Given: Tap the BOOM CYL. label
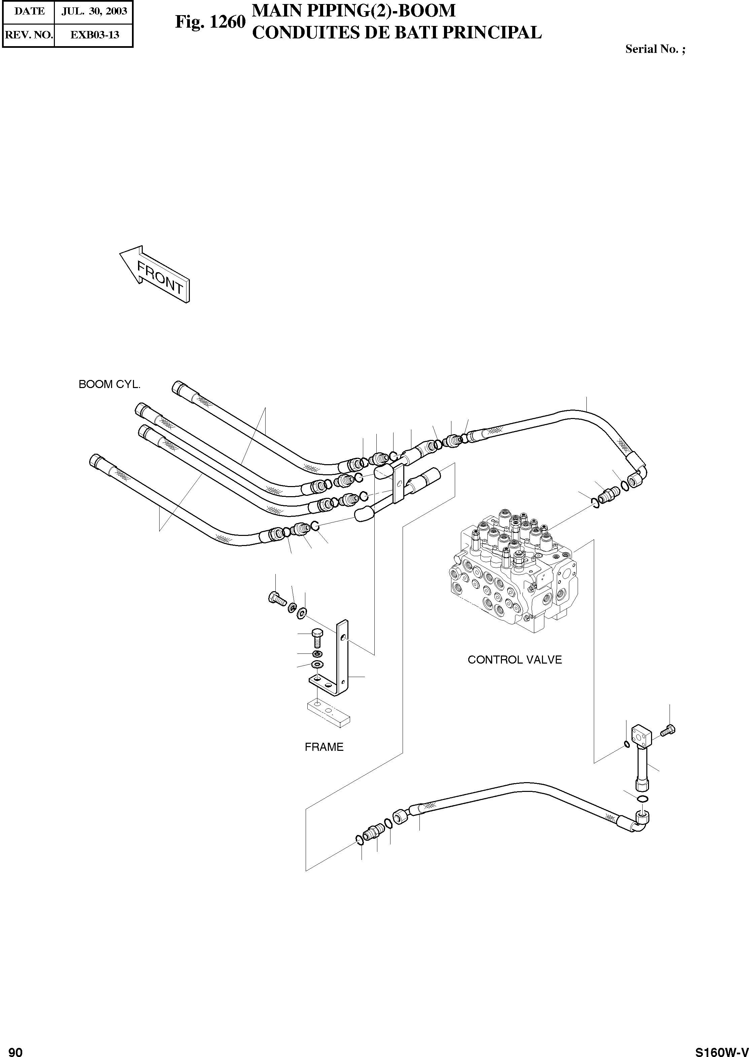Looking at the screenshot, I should point(109,384).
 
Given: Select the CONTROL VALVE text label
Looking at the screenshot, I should point(515,660).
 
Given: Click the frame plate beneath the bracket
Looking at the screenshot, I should point(328,714).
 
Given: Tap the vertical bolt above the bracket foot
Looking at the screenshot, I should point(318,638).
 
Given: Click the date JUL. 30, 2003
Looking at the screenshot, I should point(94,11).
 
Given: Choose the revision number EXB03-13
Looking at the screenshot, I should point(94,35).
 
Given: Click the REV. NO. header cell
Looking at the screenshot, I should point(29,35).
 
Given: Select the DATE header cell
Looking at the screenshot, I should point(29,11).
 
